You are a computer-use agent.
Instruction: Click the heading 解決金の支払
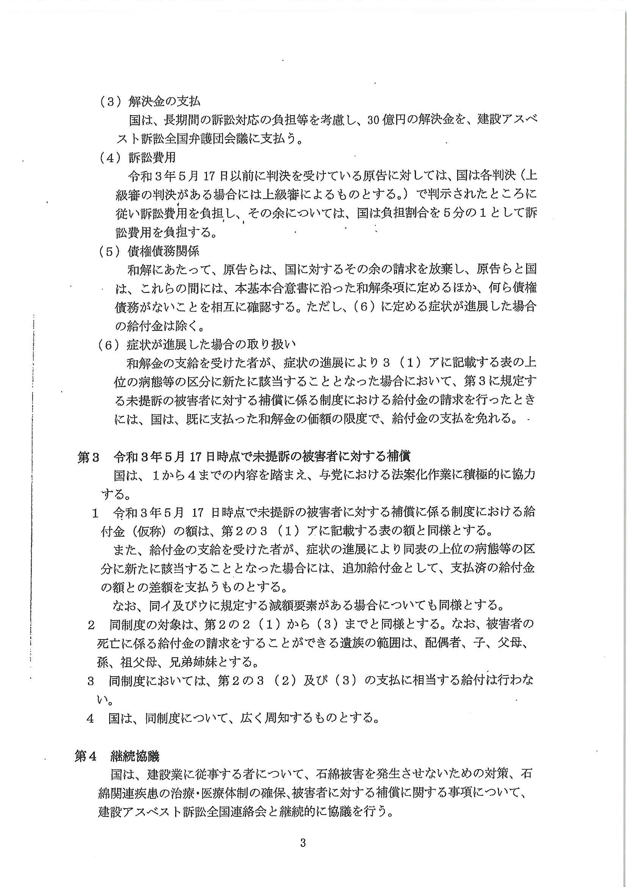(x=164, y=101)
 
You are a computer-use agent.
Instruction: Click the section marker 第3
(x=88, y=458)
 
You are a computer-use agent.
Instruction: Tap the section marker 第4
(x=86, y=757)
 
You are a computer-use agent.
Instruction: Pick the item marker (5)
(x=110, y=252)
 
